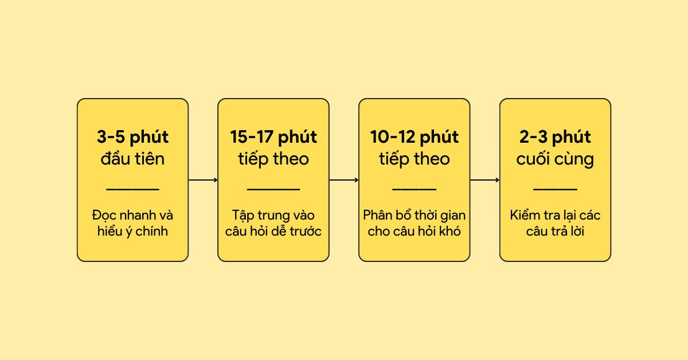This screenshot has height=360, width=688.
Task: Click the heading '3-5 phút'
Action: [132, 138]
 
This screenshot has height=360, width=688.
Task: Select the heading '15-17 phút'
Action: [273, 138]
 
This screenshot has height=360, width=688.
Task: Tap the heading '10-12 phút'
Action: [414, 138]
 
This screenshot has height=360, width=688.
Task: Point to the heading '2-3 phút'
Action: [555, 138]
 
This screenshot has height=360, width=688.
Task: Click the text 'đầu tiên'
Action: [132, 158]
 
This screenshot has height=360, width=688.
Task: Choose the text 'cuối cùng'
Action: [555, 158]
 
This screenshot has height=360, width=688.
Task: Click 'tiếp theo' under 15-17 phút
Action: [273, 158]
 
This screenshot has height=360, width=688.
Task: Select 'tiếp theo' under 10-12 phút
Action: [414, 158]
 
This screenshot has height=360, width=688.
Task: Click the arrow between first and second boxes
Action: [203, 180]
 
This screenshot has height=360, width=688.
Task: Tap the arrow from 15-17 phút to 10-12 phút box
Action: [344, 180]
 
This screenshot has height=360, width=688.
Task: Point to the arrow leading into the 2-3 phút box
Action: [484, 180]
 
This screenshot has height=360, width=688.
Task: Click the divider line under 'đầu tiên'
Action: [132, 188]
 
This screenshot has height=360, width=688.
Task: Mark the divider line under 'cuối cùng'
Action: [555, 188]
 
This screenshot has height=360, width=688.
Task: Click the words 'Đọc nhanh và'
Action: [132, 216]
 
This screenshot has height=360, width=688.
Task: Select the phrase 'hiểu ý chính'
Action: [132, 232]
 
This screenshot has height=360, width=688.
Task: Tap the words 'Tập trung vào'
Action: [273, 216]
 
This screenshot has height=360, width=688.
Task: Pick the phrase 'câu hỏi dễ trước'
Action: [273, 232]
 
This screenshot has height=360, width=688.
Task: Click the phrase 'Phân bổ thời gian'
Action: [414, 216]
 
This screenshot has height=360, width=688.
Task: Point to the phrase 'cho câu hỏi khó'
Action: [414, 232]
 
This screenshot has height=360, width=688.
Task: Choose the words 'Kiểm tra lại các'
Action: [555, 216]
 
